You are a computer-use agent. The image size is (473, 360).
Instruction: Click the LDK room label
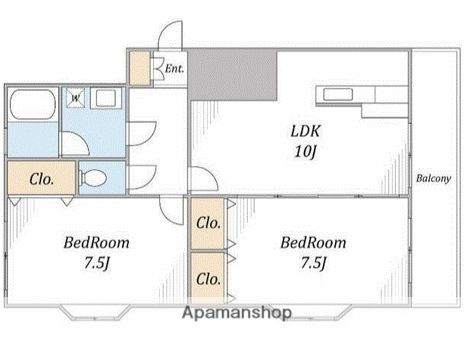(305, 131)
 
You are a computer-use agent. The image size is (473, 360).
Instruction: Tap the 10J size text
(305, 151)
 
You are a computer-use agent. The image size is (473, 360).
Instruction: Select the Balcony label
(434, 178)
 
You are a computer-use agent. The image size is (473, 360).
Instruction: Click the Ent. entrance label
(174, 68)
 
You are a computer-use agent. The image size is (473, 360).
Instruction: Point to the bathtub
(33, 105)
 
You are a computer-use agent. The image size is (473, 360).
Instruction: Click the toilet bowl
(93, 178)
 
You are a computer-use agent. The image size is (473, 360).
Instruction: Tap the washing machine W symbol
(75, 98)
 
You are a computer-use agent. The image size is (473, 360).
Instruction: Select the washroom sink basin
(105, 98)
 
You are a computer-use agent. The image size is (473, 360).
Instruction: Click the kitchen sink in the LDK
(338, 95)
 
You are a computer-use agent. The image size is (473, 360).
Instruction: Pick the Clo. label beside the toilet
(42, 180)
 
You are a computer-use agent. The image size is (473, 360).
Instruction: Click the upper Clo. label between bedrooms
(208, 223)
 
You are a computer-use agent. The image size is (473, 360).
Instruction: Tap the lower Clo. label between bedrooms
(208, 279)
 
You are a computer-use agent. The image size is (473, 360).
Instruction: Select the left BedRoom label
(96, 243)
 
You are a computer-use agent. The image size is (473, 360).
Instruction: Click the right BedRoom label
(313, 243)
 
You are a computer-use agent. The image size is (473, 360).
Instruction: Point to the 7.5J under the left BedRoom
(96, 263)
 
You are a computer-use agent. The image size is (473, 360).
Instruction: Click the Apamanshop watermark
(236, 312)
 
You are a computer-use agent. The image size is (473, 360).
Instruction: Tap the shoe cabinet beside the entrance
(139, 68)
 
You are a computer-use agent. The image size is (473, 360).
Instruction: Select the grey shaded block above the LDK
(233, 74)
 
